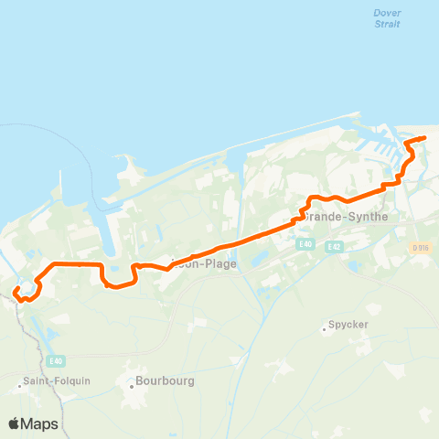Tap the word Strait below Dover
(388, 24)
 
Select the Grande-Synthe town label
(347, 217)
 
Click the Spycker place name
(348, 327)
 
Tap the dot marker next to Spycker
(325, 327)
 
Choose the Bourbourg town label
(166, 380)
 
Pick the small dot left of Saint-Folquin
(17, 387)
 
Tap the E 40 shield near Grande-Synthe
(305, 245)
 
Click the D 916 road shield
(420, 248)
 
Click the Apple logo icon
(15, 423)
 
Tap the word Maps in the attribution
(40, 423)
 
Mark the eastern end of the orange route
(425, 138)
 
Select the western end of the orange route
(16, 292)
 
